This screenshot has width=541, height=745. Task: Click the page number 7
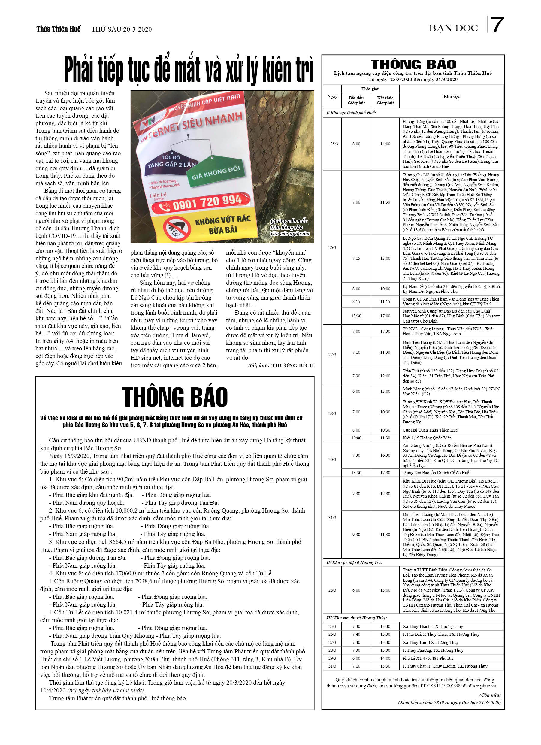coord(497,25)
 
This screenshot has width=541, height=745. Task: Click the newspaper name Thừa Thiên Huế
coord(59,29)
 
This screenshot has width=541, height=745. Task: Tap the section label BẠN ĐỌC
coord(453,28)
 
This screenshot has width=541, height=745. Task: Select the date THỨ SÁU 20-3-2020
coord(122,29)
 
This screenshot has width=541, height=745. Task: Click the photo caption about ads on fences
coord(289,227)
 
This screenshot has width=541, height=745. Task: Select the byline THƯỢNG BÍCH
coord(292,365)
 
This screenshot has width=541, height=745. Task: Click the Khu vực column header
coord(451,96)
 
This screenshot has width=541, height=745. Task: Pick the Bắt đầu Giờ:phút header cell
coord(356,100)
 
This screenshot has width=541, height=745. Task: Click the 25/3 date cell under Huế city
coord(334,144)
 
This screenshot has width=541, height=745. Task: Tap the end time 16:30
coord(385,455)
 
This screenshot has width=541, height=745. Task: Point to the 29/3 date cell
coord(332,658)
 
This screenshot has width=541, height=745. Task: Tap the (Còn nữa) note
coord(490,695)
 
